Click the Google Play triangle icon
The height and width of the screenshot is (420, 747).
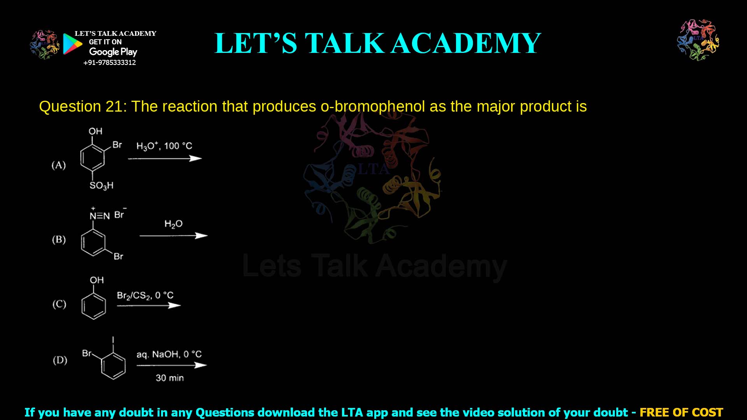72,44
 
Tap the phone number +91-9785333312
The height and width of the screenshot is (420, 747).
110,63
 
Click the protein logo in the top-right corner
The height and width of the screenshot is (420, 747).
698,40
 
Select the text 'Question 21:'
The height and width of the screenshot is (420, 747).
83,107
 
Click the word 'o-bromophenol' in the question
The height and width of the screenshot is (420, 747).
372,107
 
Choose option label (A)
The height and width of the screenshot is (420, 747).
59,165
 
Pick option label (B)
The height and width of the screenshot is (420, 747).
59,240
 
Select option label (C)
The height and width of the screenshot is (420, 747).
59,304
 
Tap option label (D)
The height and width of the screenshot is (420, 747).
60,360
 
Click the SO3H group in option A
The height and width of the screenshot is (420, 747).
102,185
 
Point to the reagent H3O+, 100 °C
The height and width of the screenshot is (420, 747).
164,146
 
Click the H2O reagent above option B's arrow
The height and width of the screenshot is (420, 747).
174,224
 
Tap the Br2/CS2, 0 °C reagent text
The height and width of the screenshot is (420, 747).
145,296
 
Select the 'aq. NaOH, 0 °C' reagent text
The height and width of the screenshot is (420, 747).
169,354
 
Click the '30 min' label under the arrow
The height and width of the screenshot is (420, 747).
170,378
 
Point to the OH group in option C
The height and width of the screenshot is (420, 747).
97,280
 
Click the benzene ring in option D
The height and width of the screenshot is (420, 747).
114,366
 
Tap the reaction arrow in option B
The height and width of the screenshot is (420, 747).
174,236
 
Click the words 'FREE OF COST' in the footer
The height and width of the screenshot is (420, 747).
681,412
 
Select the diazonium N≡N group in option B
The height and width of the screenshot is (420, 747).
100,216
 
